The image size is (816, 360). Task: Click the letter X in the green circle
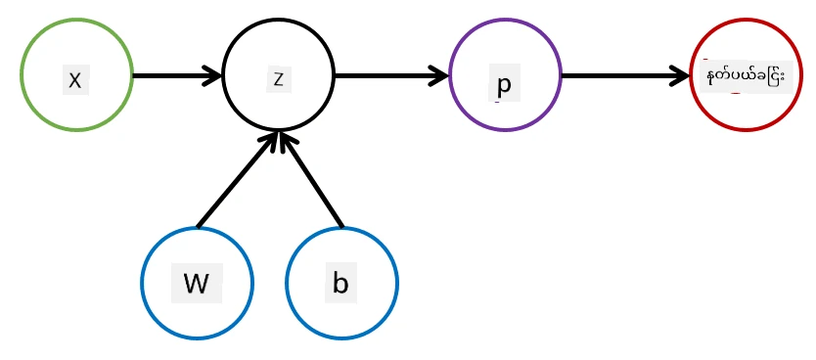(75, 80)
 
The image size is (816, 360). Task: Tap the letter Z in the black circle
(279, 79)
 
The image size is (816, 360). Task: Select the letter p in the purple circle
(504, 84)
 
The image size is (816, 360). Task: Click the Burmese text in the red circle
(745, 76)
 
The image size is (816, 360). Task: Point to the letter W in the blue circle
(197, 284)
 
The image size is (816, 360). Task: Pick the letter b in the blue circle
(340, 284)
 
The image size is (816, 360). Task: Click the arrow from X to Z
(177, 76)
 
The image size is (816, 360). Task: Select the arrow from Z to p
(390, 76)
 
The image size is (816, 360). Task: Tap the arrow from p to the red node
(626, 76)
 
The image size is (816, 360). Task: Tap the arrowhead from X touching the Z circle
(214, 76)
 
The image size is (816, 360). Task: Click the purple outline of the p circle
(450, 75)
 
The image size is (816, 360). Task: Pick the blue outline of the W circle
(142, 283)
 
